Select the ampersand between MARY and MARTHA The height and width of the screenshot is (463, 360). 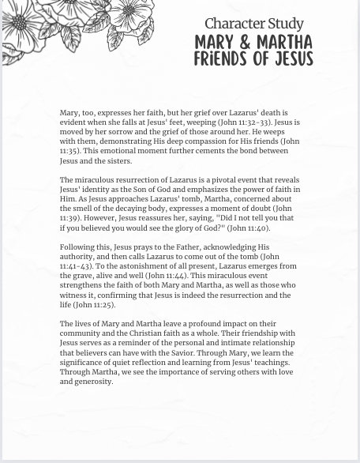click(245, 42)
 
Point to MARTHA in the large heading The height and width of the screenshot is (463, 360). click(283, 42)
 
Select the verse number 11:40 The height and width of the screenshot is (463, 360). click(256, 228)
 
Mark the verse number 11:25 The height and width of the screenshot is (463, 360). click(103, 304)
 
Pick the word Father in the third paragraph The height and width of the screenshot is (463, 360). click(188, 247)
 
